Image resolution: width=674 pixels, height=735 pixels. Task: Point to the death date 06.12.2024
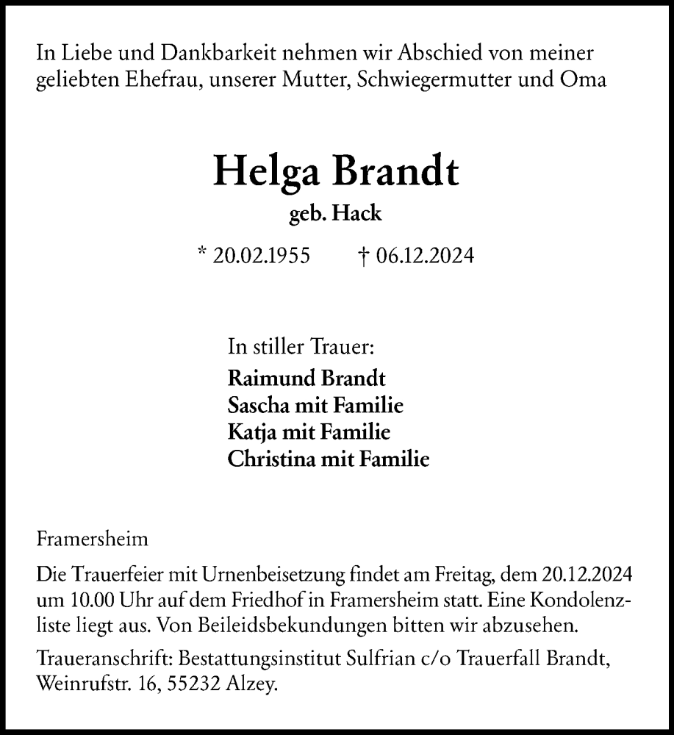(425, 256)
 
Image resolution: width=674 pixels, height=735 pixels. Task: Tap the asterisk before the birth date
(202, 254)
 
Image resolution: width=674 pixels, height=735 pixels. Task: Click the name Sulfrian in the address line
(410, 659)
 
